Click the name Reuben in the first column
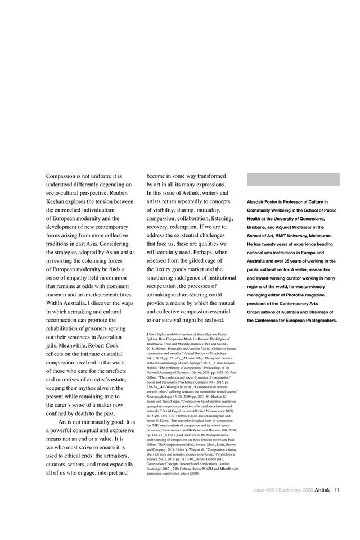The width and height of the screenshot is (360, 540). coord(121,192)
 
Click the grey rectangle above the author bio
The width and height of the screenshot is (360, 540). coord(293,179)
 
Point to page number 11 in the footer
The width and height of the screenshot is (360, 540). coord(336,489)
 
